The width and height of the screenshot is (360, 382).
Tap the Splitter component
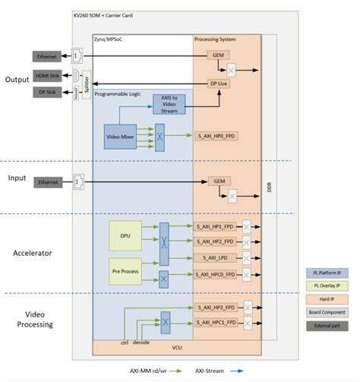[x=86, y=84]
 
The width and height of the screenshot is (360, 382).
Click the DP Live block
[x=218, y=84]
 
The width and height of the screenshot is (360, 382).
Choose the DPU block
[x=126, y=235]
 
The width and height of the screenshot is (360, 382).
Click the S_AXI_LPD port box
[x=218, y=258]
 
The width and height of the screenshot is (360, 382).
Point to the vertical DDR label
[x=270, y=186]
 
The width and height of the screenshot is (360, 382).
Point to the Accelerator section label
[x=36, y=252]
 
